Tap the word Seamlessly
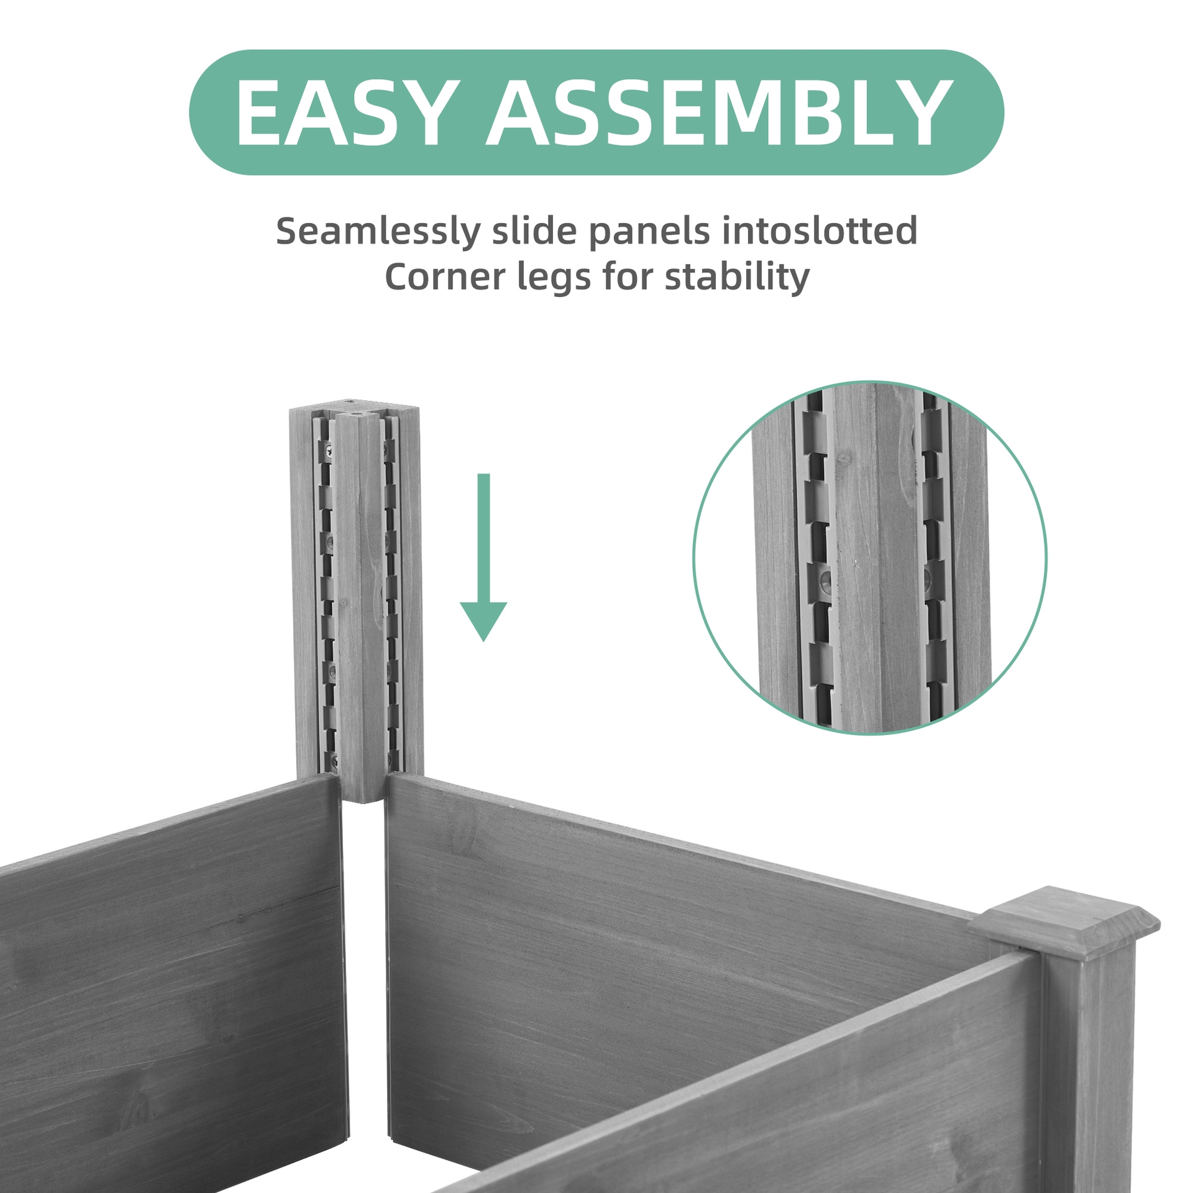[x=378, y=231]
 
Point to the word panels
[x=649, y=231]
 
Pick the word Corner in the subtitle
[x=445, y=277]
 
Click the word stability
[x=737, y=277]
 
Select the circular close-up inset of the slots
[x=870, y=558]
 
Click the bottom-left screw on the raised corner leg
[x=334, y=759]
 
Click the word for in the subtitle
[x=628, y=277]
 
